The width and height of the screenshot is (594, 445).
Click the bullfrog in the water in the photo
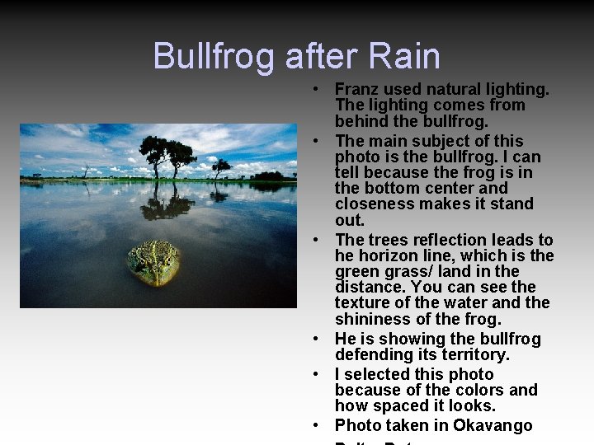[153, 262]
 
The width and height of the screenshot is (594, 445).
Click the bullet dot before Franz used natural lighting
[317, 89]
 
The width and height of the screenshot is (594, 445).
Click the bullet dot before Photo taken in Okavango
[317, 426]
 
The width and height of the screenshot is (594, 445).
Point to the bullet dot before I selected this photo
[317, 375]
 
